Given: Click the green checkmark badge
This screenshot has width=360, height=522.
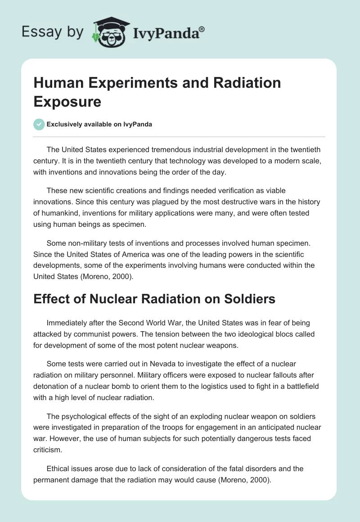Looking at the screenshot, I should pyautogui.click(x=39, y=124).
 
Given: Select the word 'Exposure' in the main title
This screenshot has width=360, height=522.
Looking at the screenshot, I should pyautogui.click(x=67, y=101).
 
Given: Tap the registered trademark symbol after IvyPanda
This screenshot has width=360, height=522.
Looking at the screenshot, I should pyautogui.click(x=202, y=28).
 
